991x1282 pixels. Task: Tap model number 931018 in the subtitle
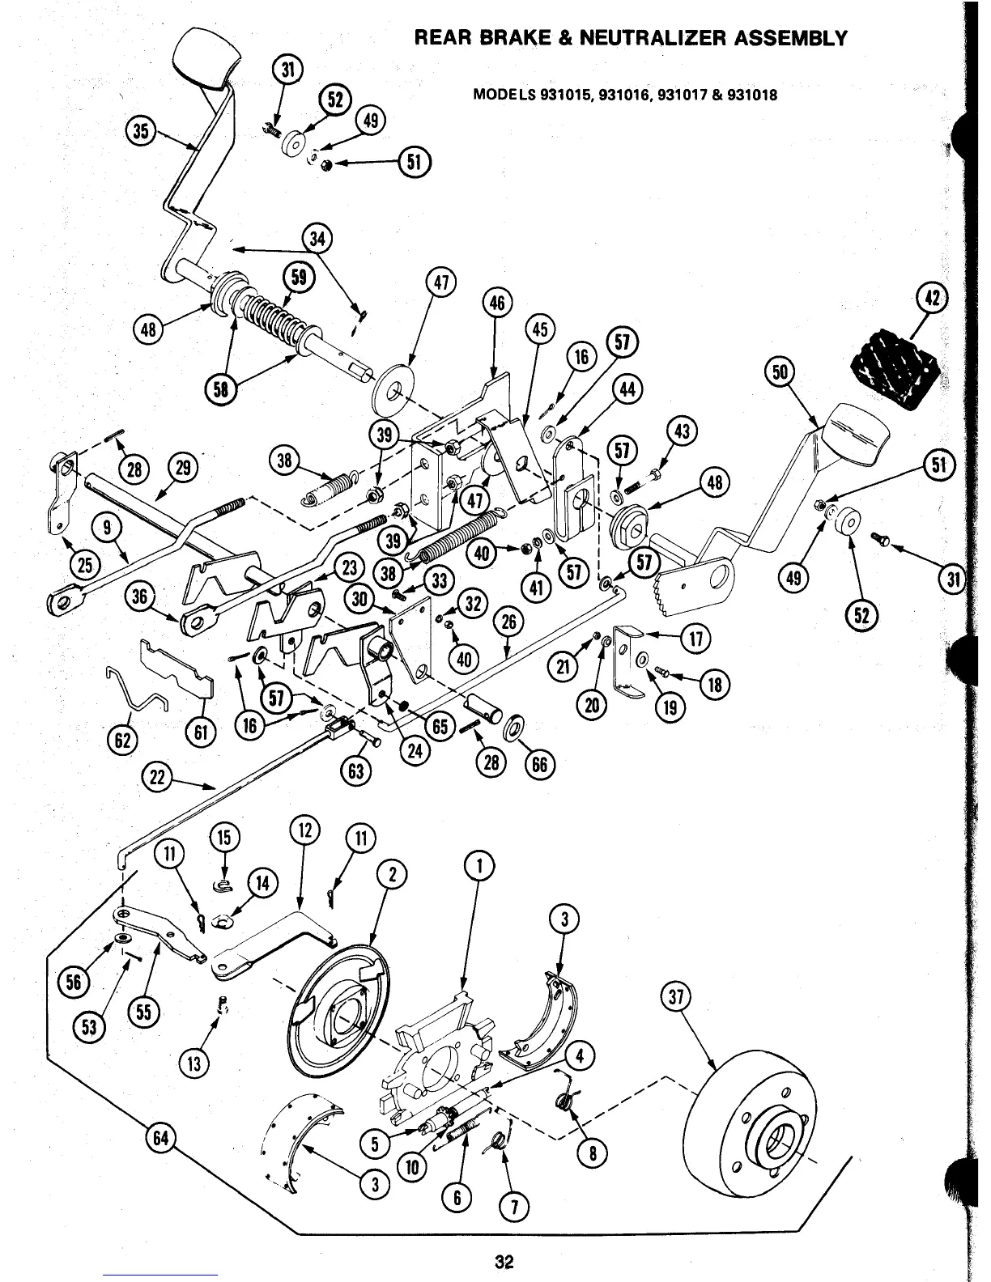753,95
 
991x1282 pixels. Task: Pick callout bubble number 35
142,131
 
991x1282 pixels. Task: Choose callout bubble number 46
496,303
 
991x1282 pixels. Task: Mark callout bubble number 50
780,372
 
